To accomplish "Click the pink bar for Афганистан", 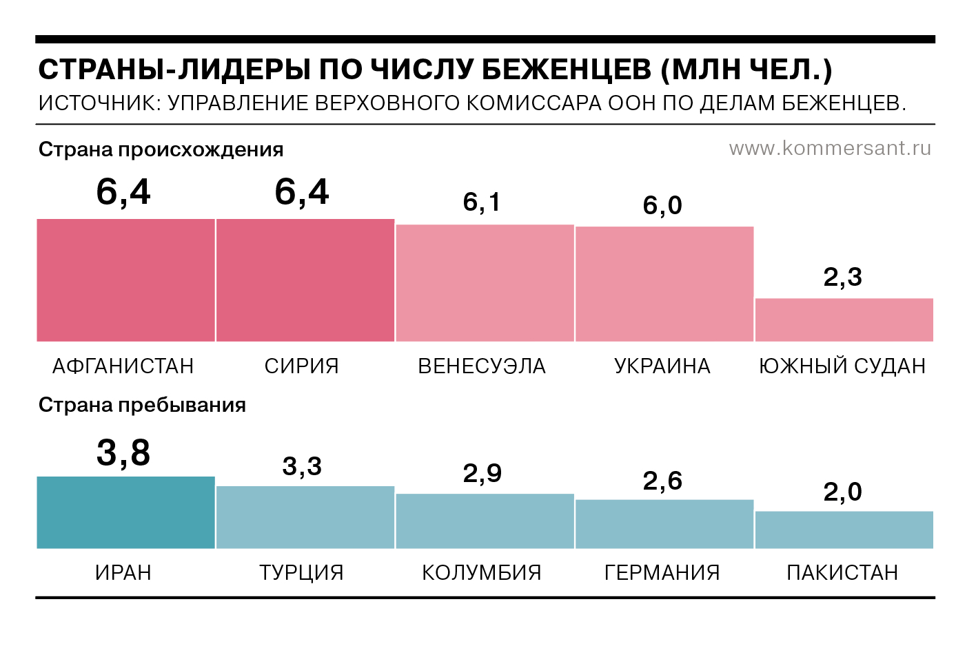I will pyautogui.click(x=125, y=280).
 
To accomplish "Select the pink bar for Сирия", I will pyautogui.click(x=305, y=280).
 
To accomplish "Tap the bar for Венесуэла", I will pyautogui.click(x=485, y=283).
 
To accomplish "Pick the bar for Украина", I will pyautogui.click(x=664, y=284).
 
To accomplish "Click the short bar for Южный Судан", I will pyautogui.click(x=844, y=320).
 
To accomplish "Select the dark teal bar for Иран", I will pyautogui.click(x=125, y=512).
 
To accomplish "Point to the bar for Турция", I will pyautogui.click(x=305, y=517).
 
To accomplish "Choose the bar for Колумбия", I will pyautogui.click(x=485, y=521).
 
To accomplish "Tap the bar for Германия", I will pyautogui.click(x=664, y=524).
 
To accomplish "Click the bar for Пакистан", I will pyautogui.click(x=844, y=530).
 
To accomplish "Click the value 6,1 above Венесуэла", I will pyautogui.click(x=482, y=202).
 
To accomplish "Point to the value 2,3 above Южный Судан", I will pyautogui.click(x=842, y=277).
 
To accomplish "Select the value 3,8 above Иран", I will pyautogui.click(x=123, y=453).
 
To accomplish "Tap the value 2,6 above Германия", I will pyautogui.click(x=662, y=481).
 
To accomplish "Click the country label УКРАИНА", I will pyautogui.click(x=662, y=366).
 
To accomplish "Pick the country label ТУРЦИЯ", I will pyautogui.click(x=301, y=572).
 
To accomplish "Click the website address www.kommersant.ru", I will pyautogui.click(x=830, y=148).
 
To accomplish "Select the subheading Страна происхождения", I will pyautogui.click(x=161, y=149).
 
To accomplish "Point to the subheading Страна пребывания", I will pyautogui.click(x=142, y=405).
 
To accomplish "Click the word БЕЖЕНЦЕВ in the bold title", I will pyautogui.click(x=565, y=70).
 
